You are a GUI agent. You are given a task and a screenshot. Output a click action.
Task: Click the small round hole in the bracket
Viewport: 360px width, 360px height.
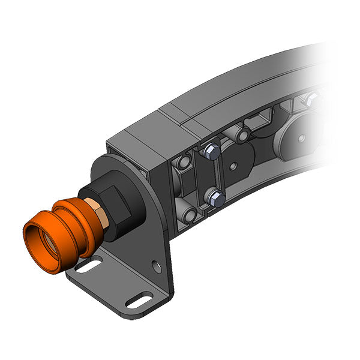coord(157,264)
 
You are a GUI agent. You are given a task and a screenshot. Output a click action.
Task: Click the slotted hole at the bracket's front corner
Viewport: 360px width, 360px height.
coord(139,298)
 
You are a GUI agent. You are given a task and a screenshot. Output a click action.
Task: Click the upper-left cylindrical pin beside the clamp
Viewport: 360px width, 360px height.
coord(183,161)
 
